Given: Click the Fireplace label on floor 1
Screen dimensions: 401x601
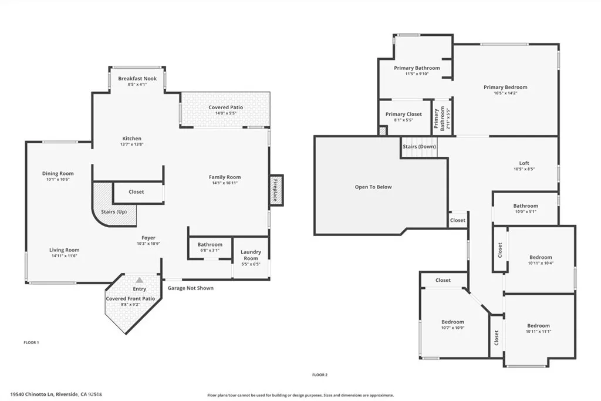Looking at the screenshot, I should click(x=274, y=190).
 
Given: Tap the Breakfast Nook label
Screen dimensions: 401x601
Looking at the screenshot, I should click(x=137, y=78).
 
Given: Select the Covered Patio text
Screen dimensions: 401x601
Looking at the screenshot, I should click(x=225, y=107).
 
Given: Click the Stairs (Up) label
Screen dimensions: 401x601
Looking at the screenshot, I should click(x=113, y=211).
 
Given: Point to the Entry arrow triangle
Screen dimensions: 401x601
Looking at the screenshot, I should click(x=139, y=280).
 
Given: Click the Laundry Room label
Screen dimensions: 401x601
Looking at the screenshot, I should click(x=251, y=255).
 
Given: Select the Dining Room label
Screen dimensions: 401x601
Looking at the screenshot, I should click(x=58, y=173).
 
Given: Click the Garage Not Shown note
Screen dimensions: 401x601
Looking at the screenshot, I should click(x=191, y=288).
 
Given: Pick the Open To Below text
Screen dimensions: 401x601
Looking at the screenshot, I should click(x=373, y=187).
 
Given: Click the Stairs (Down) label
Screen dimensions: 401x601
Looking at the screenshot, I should click(x=419, y=146).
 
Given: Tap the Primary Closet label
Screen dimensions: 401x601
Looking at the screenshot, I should click(x=403, y=114).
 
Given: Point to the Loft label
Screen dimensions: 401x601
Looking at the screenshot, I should click(x=524, y=163).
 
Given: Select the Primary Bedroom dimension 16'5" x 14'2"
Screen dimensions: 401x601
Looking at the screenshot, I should click(x=505, y=93).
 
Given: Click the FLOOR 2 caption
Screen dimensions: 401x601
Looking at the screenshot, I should click(x=319, y=375).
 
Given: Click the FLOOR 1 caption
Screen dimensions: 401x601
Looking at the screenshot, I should click(x=31, y=342).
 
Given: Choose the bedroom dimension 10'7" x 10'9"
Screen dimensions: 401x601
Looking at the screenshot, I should click(x=453, y=328).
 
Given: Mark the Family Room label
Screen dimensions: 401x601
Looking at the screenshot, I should click(x=225, y=177).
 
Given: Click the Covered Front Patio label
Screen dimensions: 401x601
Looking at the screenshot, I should click(x=130, y=298).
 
